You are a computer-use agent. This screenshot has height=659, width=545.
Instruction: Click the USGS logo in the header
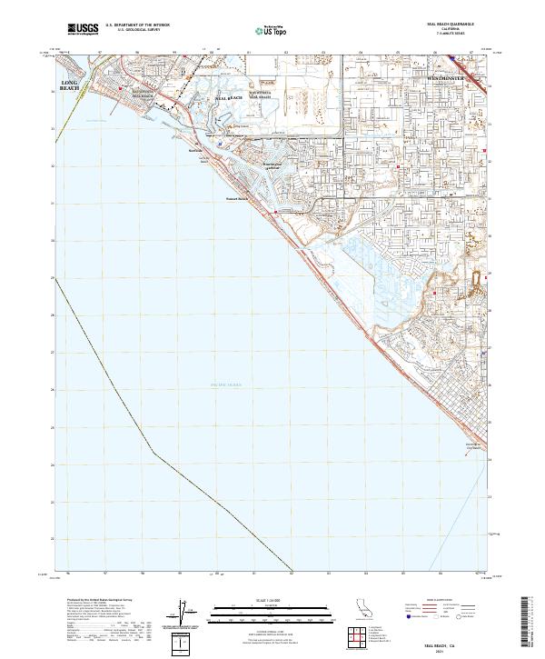84,30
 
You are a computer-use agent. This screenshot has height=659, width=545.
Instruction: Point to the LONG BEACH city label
70,86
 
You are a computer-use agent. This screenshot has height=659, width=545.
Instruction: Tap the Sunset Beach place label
236,201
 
